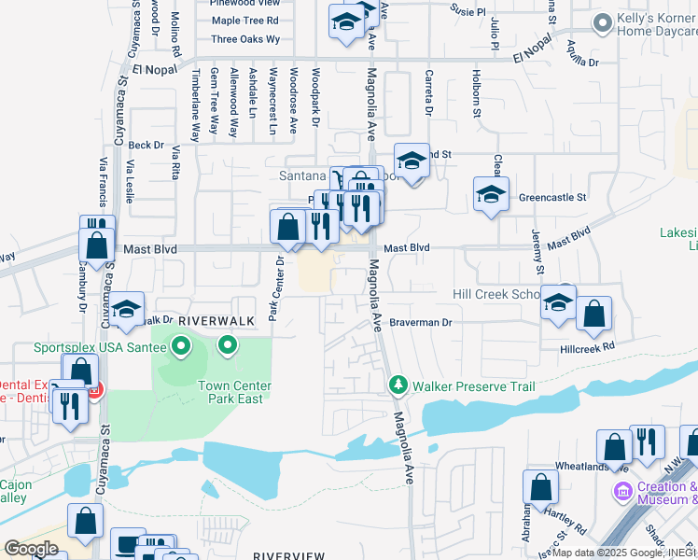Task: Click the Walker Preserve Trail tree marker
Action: [x=398, y=385]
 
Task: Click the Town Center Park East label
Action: [x=234, y=392]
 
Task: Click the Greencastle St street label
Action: [x=551, y=198]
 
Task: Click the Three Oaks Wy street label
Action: [x=245, y=39]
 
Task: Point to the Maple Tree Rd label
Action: [x=245, y=20]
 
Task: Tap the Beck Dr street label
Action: [x=147, y=146]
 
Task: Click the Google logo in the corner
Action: [x=32, y=548]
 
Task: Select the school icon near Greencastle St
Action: [x=491, y=196]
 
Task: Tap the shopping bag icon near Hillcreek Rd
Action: [x=593, y=315]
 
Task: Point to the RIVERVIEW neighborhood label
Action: [x=288, y=555]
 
